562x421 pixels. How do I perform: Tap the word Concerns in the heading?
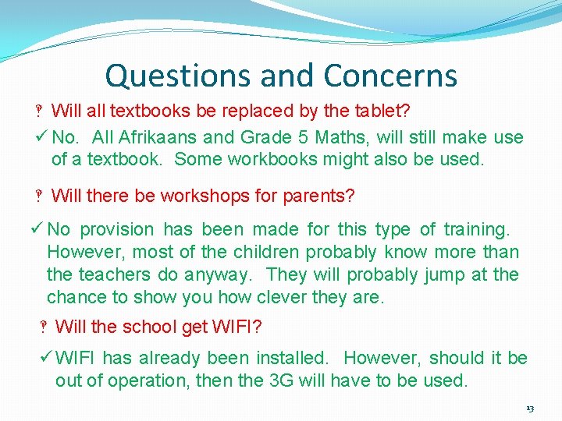coord(390,76)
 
